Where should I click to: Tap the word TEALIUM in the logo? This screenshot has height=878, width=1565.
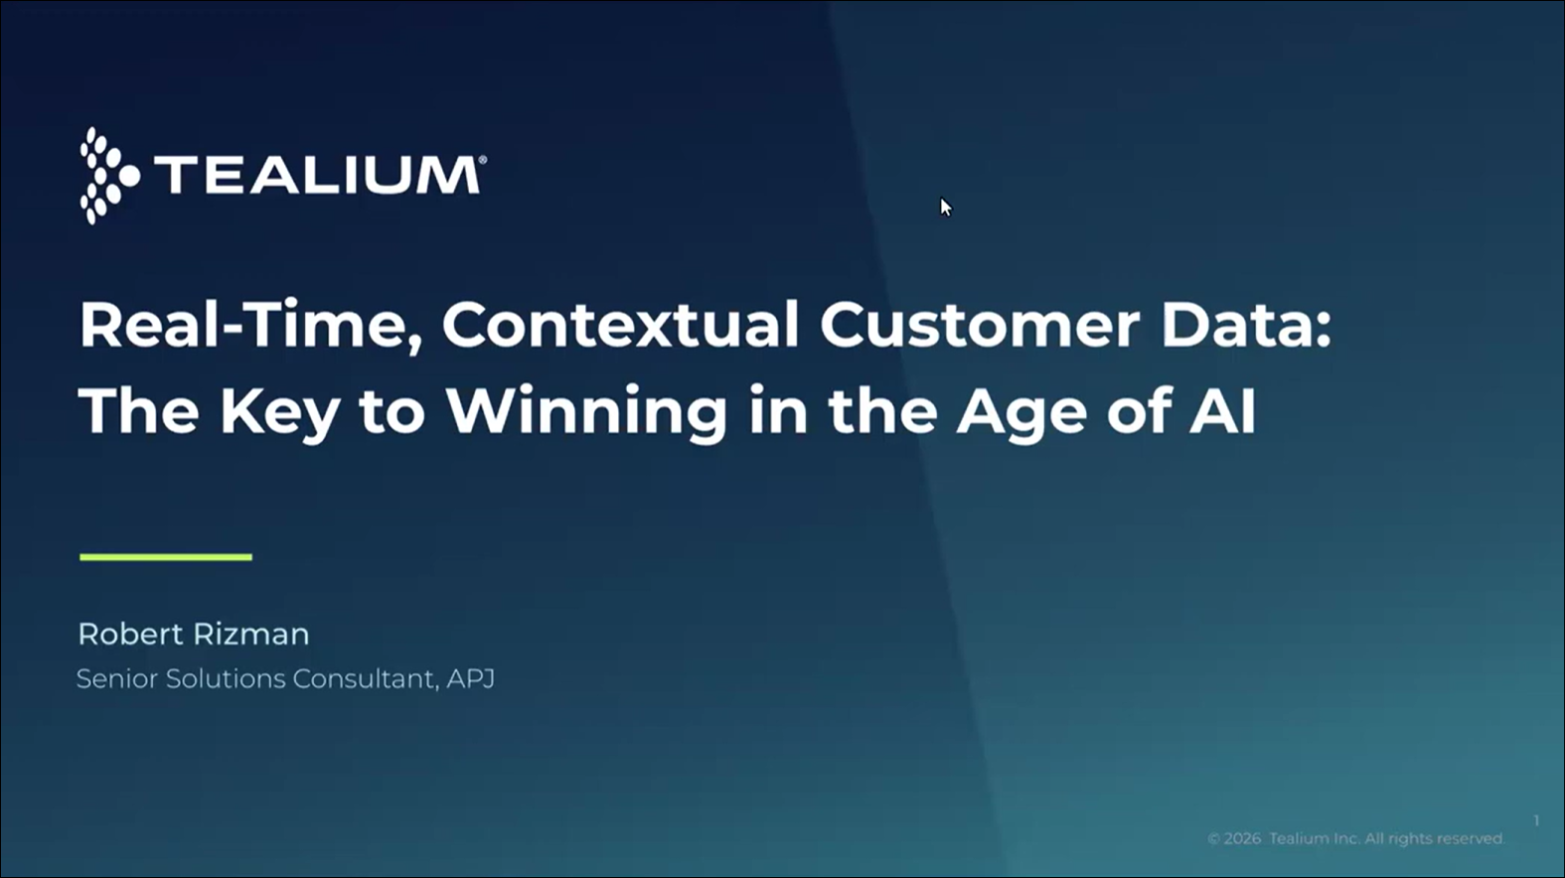317,175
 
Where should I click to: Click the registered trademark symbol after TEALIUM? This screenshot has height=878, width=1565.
482,160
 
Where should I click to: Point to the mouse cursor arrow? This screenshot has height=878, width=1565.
946,208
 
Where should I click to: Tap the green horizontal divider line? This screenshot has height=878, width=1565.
166,556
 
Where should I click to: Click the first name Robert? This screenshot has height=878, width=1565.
130,635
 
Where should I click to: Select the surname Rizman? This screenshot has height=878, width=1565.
251,635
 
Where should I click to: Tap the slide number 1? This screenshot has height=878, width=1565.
1536,820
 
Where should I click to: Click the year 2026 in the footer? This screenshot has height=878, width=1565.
1242,838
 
